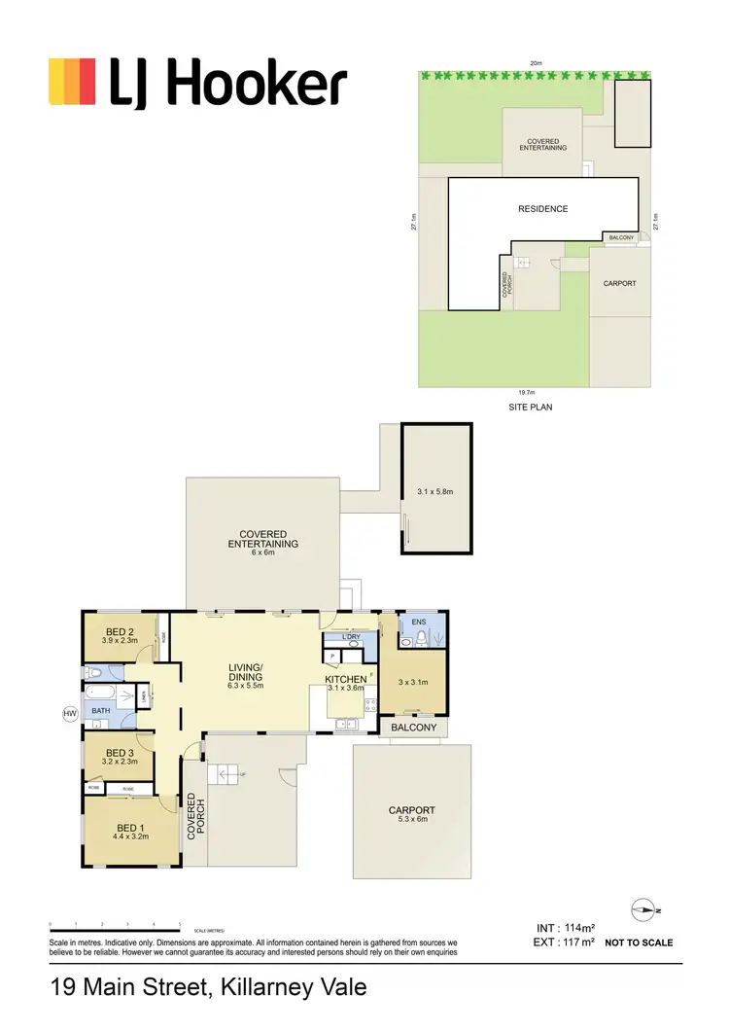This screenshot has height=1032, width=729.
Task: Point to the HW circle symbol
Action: click(69, 714)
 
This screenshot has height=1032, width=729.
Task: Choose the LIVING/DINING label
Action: click(246, 672)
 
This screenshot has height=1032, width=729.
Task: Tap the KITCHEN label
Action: click(346, 679)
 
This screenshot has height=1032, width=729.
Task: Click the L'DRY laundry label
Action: click(352, 637)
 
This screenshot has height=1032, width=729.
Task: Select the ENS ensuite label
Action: click(419, 621)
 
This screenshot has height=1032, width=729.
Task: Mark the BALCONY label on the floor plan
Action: click(413, 727)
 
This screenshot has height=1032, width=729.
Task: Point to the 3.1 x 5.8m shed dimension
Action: click(436, 492)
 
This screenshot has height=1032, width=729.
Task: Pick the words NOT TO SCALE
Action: click(639, 943)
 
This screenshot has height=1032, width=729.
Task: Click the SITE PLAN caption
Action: click(530, 408)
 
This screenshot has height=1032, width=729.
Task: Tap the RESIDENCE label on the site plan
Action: click(542, 209)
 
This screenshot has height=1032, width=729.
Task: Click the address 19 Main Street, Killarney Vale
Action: click(208, 988)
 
